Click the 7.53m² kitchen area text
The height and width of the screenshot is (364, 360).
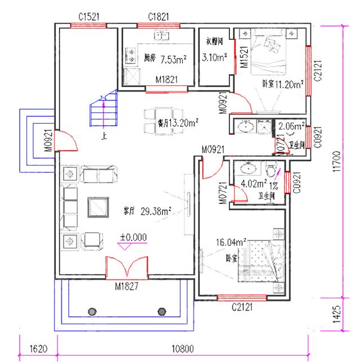pos(173,59)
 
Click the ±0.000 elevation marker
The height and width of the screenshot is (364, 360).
pos(133,237)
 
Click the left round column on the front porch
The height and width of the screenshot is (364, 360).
pos(90,311)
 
